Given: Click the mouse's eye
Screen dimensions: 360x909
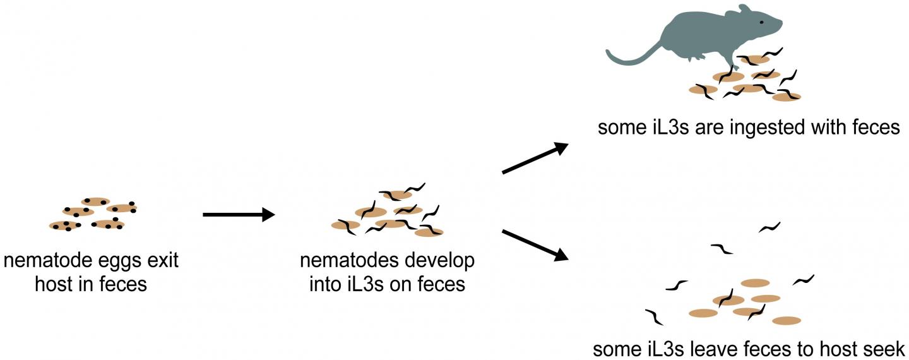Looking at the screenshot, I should pos(761,22).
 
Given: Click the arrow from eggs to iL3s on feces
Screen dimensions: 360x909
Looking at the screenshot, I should pos(238,215).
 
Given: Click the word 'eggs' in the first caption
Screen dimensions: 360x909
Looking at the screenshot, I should pos(119,260).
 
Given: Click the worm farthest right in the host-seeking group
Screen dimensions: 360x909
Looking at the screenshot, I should pos(803,279).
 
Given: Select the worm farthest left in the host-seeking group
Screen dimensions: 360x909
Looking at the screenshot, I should pos(654,316).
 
